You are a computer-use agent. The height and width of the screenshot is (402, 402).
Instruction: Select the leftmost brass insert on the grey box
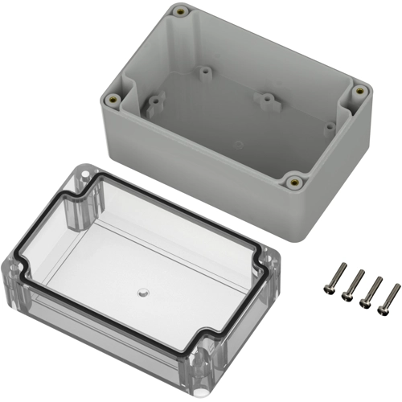point(113,98)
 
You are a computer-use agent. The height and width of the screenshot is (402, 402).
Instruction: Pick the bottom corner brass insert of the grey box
point(295,182)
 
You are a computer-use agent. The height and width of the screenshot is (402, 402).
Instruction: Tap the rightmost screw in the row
point(388,298)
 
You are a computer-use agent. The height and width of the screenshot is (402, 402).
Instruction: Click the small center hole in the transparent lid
point(141,290)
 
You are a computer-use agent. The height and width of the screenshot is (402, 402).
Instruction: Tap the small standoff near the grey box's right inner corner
point(329,127)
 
